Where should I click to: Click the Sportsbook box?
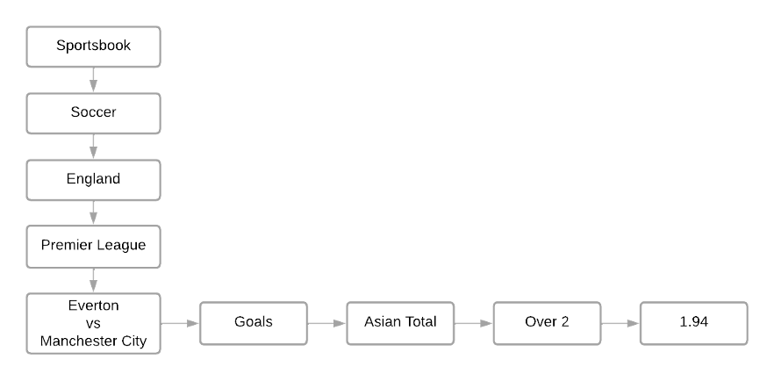click(93, 46)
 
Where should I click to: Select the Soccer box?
click(93, 112)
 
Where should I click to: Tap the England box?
click(93, 179)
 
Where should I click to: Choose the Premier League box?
click(93, 246)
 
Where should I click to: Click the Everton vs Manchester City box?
click(93, 322)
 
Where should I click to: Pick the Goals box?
click(253, 322)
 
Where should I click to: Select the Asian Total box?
click(400, 322)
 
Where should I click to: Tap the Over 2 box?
click(547, 322)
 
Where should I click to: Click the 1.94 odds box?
click(693, 322)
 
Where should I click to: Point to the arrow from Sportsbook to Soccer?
click(93, 79)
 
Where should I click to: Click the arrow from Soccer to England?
click(93, 146)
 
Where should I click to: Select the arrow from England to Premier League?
click(93, 212)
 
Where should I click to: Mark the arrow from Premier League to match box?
click(93, 279)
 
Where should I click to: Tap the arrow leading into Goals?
click(180, 322)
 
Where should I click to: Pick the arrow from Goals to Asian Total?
click(327, 322)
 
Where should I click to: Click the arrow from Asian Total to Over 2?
click(474, 322)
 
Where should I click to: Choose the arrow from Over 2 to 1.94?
click(620, 322)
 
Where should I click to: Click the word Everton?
click(93, 306)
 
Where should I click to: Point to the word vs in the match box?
click(93, 322)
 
